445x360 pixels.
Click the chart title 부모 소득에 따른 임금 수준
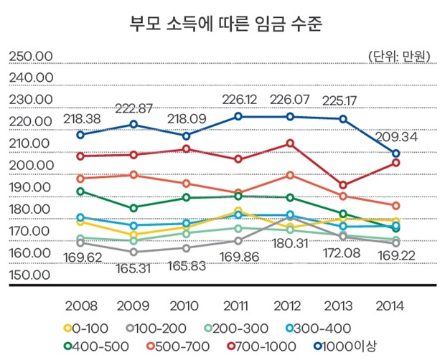tap(222, 24)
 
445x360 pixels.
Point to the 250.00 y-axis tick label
tap(29, 56)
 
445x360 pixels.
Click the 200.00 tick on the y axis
tap(29, 166)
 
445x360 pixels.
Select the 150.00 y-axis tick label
tap(29, 275)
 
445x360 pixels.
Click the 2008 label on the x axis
tap(80, 305)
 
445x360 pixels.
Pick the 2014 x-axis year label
tap(395, 305)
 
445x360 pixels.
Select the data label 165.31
tap(134, 269)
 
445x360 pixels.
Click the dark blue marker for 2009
tap(133, 124)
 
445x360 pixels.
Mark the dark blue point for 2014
tap(395, 153)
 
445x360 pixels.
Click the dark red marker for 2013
tap(343, 185)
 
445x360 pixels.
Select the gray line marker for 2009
tap(133, 252)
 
